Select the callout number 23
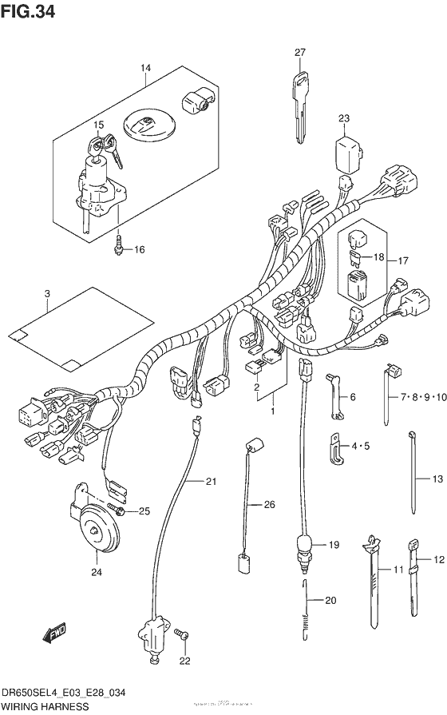tap(344, 119)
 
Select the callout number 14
tap(144, 69)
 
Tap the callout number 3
tap(47, 295)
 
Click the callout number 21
tap(211, 481)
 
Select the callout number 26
tap(269, 504)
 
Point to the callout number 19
tap(334, 545)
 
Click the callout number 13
tap(436, 479)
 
